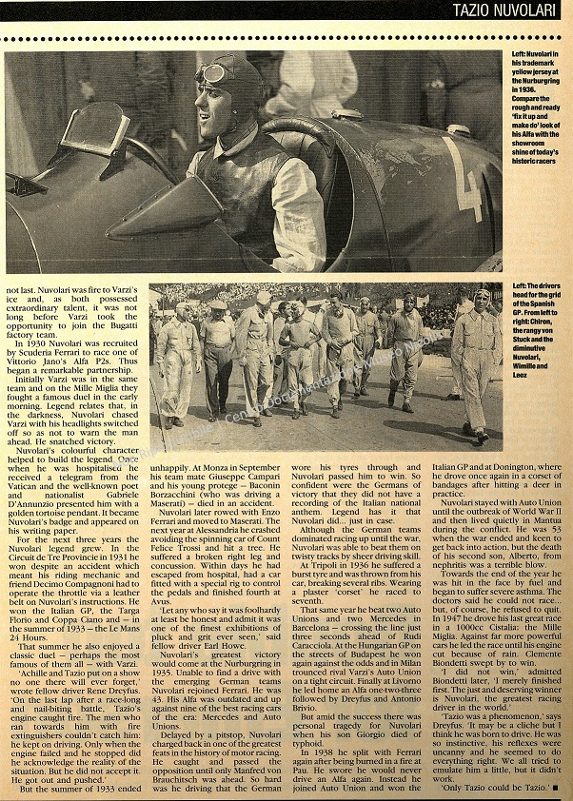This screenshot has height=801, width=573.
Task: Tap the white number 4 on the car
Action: coord(466,179)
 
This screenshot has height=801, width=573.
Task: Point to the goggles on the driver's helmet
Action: coord(211,71)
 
